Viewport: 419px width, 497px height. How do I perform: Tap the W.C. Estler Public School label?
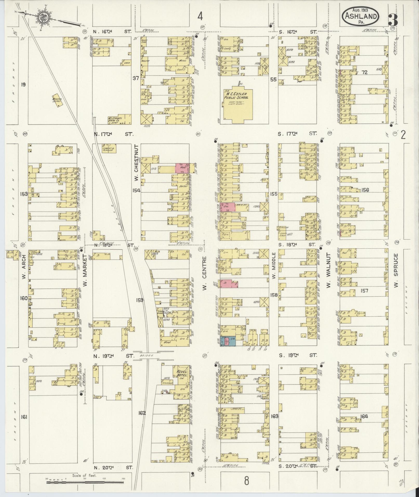(x=236, y=95)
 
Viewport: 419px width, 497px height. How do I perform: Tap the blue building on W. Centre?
(x=228, y=341)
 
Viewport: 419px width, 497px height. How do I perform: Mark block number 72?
(x=364, y=72)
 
